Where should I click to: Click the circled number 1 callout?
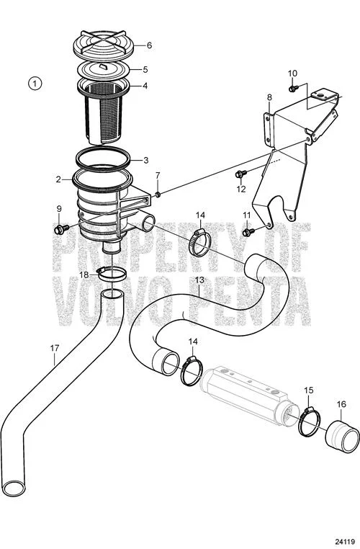click(35, 84)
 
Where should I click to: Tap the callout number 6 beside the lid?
click(149, 45)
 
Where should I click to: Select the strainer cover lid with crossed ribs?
click(104, 45)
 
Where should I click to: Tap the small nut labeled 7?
click(158, 195)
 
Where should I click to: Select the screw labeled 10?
click(293, 88)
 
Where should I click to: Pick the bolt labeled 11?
click(248, 232)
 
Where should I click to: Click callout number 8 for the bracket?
click(269, 97)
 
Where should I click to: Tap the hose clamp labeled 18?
click(112, 273)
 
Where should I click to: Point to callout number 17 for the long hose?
click(55, 348)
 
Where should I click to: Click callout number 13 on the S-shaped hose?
click(199, 280)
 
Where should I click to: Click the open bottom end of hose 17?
click(14, 488)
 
